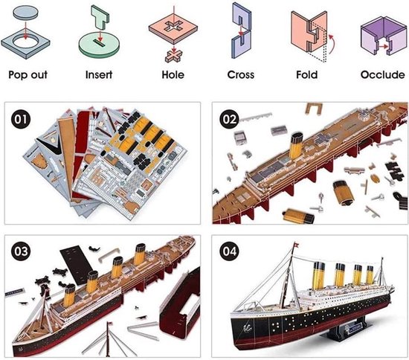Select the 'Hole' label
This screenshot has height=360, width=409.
tap(173, 76)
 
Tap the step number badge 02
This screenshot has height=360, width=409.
tap(228, 118)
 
